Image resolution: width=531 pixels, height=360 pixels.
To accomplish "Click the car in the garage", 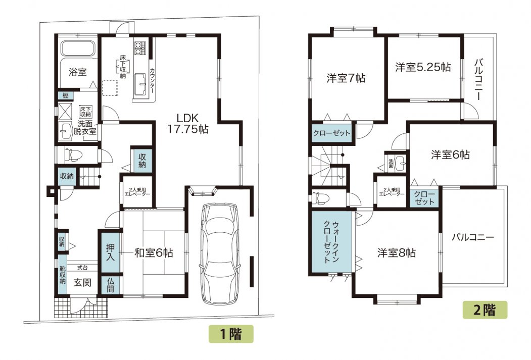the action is (x=220, y=254).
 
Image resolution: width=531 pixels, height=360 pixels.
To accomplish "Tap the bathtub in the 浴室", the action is (x=77, y=48).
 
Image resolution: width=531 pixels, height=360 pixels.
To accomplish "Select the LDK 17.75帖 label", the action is (x=188, y=123).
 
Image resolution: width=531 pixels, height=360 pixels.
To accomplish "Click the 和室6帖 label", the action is (x=154, y=253).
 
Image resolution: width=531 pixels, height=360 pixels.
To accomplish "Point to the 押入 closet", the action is (x=111, y=252).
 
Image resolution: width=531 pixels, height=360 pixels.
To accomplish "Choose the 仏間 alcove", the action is (x=111, y=285).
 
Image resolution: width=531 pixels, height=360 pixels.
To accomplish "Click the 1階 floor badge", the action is (x=231, y=334).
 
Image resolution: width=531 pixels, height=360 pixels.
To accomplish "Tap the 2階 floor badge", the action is (x=485, y=310).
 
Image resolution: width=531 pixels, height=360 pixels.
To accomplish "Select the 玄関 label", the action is (x=83, y=283).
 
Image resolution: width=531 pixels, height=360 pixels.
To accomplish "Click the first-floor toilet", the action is (x=73, y=155).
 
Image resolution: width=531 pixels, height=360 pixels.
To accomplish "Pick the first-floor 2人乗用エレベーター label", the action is (x=137, y=192).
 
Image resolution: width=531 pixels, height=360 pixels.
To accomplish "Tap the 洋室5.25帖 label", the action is (x=423, y=67).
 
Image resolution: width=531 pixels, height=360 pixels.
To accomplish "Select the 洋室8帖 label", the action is (x=397, y=253).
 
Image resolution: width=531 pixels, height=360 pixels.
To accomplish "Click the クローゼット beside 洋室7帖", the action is (x=331, y=133).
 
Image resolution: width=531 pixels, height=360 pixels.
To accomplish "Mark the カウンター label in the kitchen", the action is (x=152, y=81).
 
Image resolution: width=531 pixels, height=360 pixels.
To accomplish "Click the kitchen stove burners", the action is (x=139, y=48).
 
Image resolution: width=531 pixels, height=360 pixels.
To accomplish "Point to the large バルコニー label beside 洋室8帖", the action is (x=473, y=237).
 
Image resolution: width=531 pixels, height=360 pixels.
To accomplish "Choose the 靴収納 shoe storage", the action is (x=62, y=274).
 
